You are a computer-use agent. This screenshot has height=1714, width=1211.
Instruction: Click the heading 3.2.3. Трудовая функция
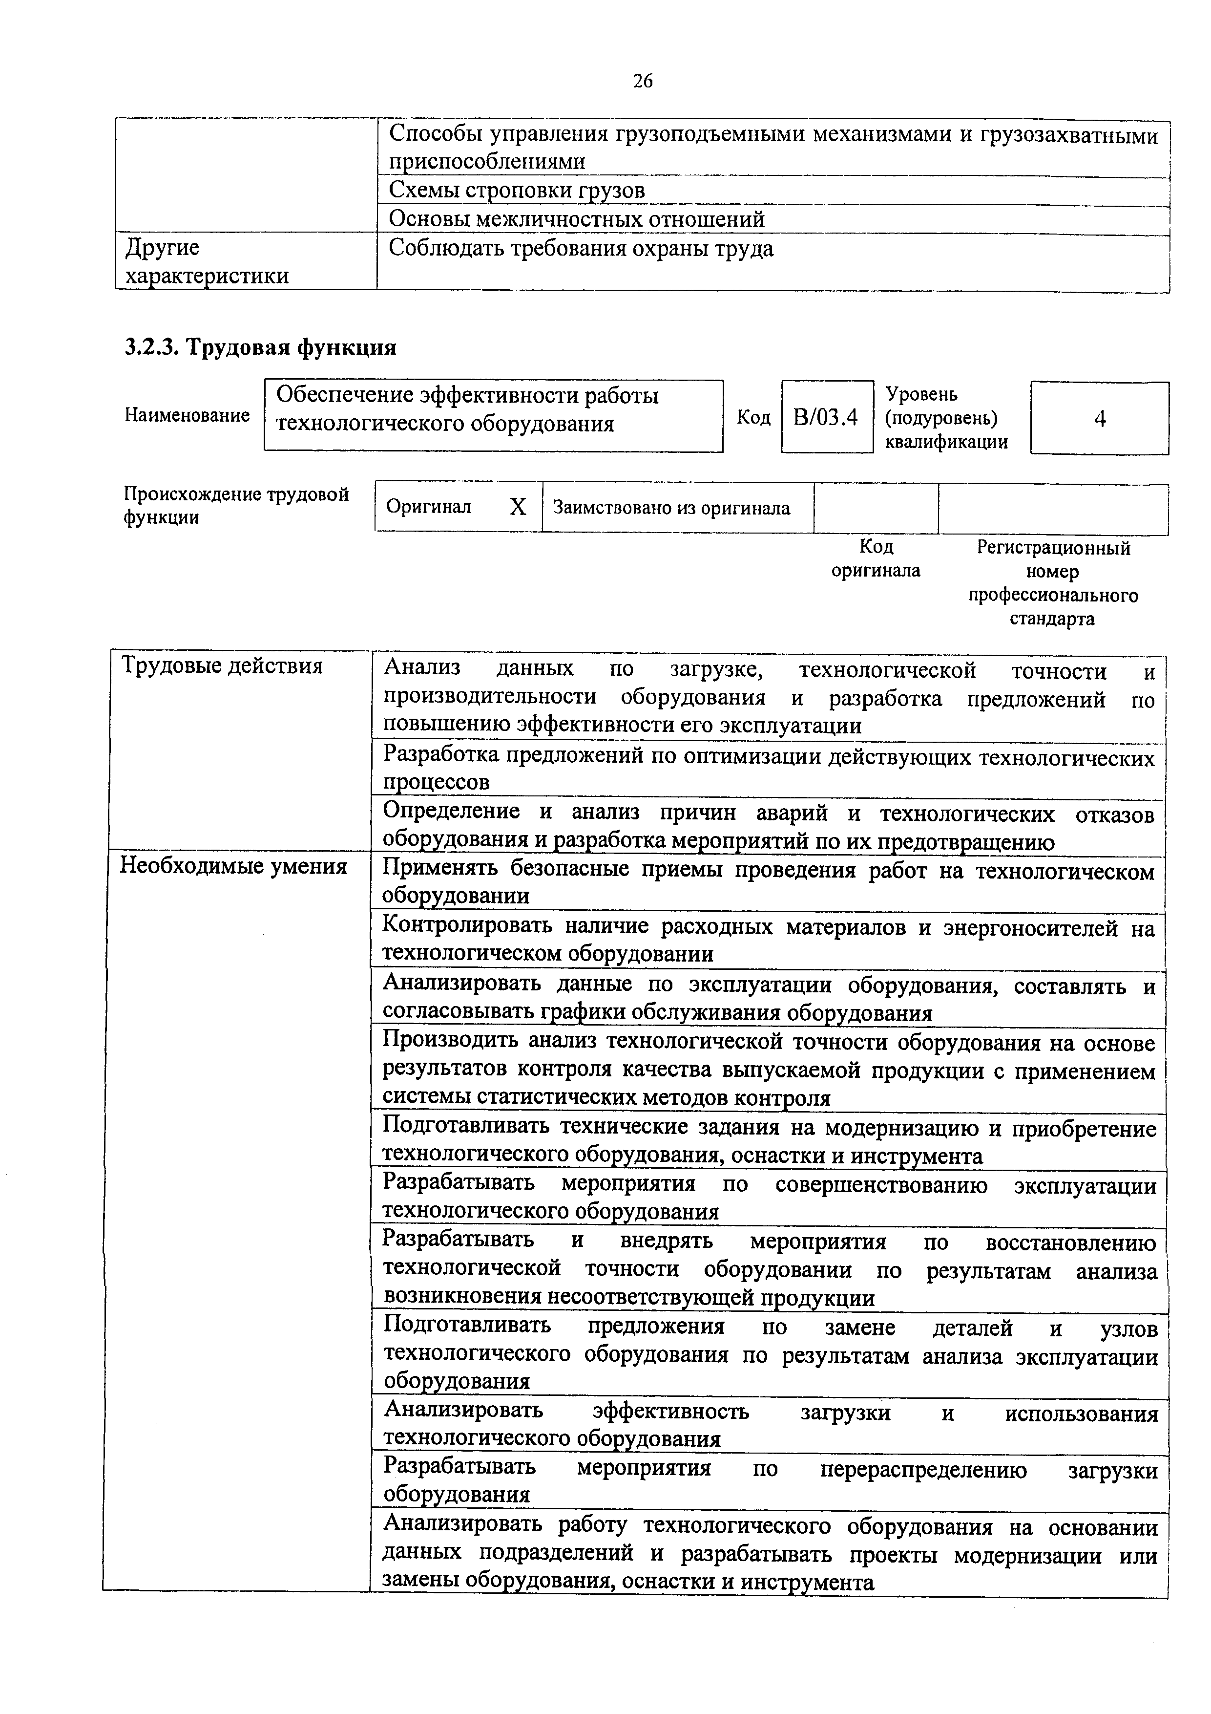coord(260,347)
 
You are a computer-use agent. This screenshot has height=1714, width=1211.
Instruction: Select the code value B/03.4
coord(826,417)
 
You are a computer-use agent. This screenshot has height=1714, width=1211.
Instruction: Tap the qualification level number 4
coord(1099,419)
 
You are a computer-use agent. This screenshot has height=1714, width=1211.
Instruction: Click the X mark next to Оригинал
coord(517,508)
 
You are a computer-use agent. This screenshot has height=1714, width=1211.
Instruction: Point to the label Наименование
coord(188,415)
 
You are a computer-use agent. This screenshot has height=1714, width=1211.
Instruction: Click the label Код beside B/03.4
coord(753,417)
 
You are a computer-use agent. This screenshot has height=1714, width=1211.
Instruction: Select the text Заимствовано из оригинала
coord(671,508)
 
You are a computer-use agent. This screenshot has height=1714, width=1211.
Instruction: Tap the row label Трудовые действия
coord(222,666)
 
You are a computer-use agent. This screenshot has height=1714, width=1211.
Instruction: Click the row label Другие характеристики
coord(207,261)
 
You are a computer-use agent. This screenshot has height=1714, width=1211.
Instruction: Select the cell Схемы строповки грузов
coord(516,191)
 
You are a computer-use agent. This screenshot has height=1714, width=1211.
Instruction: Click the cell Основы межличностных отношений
coord(576,219)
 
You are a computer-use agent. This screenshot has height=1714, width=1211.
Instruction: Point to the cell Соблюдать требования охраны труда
coord(581,249)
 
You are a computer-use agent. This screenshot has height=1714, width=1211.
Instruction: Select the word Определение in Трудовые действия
coord(451,812)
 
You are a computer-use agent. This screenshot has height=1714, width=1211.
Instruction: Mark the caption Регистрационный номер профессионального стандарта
coord(1053,583)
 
